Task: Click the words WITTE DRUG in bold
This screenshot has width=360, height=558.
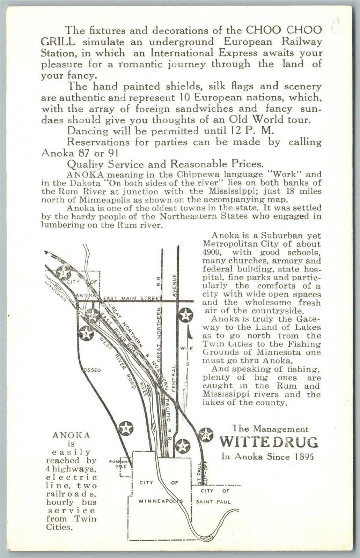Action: (x=269, y=442)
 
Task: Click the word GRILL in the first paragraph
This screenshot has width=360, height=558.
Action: (x=57, y=42)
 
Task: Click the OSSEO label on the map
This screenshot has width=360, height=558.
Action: (x=92, y=370)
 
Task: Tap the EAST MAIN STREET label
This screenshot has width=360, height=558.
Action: (x=133, y=299)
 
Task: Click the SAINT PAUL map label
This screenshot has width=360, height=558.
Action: (x=215, y=502)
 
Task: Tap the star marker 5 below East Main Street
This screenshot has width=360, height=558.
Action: (x=185, y=315)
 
